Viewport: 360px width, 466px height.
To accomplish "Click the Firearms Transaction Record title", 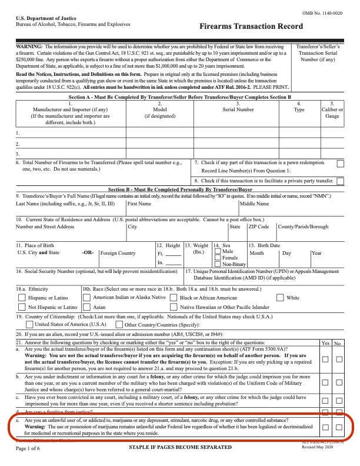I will (x=251, y=27).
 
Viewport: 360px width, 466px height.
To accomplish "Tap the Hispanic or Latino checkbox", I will (x=22, y=298).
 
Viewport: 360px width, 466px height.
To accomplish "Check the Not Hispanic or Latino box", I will (x=22, y=307).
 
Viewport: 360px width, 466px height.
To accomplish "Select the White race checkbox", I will (x=280, y=298).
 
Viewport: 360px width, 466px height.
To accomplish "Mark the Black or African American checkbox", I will (x=173, y=298).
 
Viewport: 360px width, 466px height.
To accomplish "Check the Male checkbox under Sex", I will (x=218, y=251).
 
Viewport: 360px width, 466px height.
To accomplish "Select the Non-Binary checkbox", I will (x=218, y=264).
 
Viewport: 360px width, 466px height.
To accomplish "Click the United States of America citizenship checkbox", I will (x=29, y=324).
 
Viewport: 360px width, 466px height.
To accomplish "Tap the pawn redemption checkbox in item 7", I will (x=340, y=164).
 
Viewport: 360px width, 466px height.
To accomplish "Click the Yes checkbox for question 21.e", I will (x=325, y=427).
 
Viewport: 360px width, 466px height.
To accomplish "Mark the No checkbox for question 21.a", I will (x=339, y=359).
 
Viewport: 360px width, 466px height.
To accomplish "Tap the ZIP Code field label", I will (x=258, y=226).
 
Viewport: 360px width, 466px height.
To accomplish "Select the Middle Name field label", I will (x=254, y=204).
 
